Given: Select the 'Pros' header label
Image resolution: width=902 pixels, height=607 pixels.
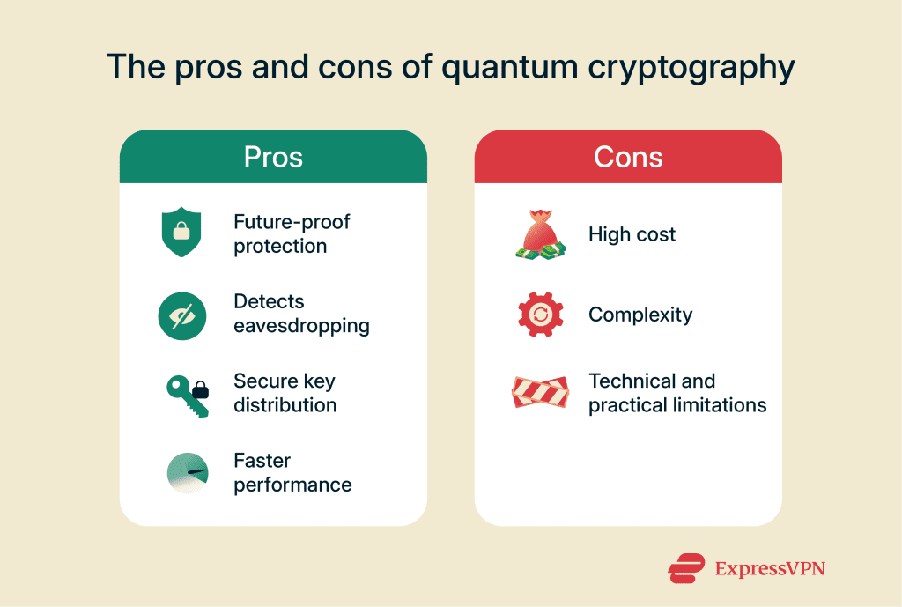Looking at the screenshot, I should click(x=273, y=157).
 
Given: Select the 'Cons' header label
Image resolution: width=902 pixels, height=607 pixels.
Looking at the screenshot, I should click(x=628, y=157).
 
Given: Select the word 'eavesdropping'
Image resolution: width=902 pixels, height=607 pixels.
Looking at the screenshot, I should click(x=301, y=326).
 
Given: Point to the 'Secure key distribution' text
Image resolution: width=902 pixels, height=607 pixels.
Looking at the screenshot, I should click(x=285, y=393).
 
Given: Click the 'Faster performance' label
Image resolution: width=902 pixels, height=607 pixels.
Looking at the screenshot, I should click(x=292, y=473).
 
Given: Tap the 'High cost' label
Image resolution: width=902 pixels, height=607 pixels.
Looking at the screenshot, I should click(x=632, y=234).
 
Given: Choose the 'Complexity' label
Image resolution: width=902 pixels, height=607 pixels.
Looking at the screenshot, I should click(x=640, y=315).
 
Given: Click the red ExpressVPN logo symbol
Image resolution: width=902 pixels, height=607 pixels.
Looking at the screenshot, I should click(x=686, y=568).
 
